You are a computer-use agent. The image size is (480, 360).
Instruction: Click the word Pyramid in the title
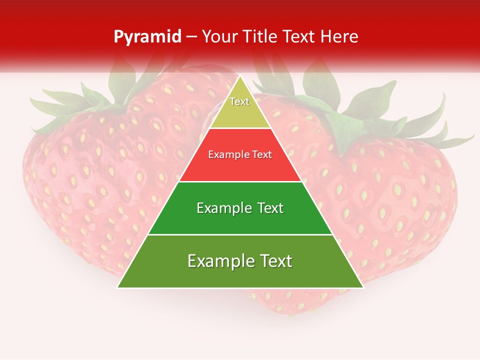[147, 36]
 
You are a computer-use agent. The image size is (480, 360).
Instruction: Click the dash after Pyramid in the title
[191, 37]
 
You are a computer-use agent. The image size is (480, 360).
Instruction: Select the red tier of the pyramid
[240, 167]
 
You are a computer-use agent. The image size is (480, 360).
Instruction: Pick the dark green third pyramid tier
[240, 220]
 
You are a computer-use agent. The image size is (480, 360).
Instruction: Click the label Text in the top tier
[239, 101]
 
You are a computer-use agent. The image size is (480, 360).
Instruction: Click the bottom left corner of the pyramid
[118, 287]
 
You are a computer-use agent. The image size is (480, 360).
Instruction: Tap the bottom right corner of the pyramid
[362, 287]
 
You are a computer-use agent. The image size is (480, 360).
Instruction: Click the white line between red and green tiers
[240, 181]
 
